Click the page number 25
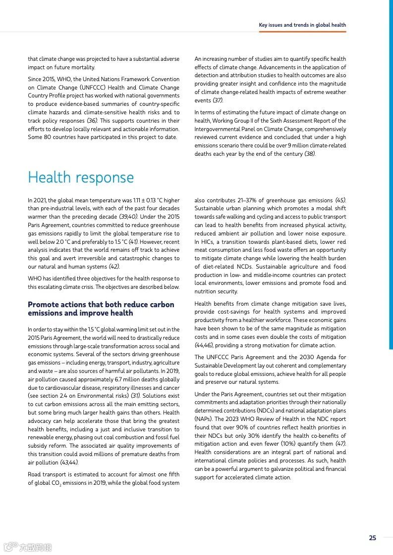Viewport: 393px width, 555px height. [372, 538]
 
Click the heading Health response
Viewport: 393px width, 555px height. [81, 178]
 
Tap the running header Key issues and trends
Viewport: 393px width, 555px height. [302, 25]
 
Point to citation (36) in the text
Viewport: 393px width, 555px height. [92, 121]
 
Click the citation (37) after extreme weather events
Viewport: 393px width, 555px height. [218, 100]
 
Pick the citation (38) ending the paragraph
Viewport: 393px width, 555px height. [310, 154]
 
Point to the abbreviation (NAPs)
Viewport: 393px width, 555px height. [203, 419]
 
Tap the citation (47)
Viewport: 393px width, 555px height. [340, 444]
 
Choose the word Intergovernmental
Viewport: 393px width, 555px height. [215, 129]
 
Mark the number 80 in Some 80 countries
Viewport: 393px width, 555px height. [52, 137]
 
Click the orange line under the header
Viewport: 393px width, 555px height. [302, 32]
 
